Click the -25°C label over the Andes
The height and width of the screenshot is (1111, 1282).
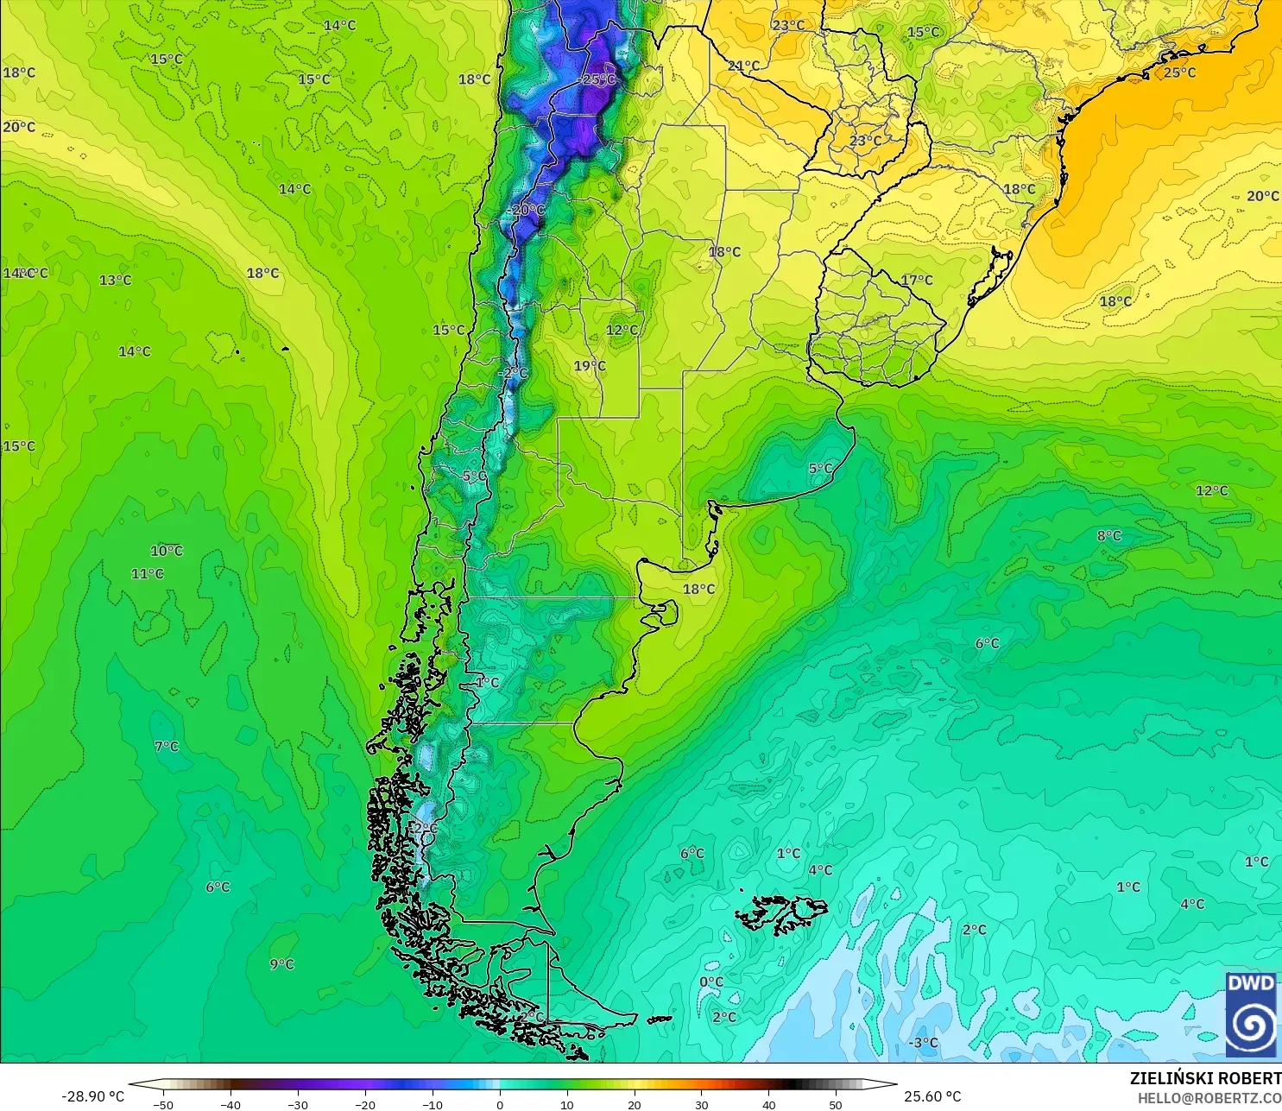pyautogui.click(x=597, y=79)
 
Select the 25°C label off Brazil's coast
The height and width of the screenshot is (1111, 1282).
pyautogui.click(x=1179, y=73)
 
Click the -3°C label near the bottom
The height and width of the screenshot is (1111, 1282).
pyautogui.click(x=923, y=1043)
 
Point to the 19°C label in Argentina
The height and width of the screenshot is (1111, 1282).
pyautogui.click(x=590, y=366)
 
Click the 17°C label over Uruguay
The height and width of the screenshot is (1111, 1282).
pyautogui.click(x=917, y=280)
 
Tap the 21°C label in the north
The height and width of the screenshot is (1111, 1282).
pyautogui.click(x=743, y=66)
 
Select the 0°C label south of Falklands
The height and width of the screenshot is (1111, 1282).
pyautogui.click(x=711, y=982)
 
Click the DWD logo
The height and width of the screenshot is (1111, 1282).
pyautogui.click(x=1250, y=1014)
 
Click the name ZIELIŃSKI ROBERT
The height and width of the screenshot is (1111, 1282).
pyautogui.click(x=1205, y=1078)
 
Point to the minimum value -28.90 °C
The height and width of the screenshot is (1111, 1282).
pyautogui.click(x=92, y=1096)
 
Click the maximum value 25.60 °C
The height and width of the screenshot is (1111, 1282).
pyautogui.click(x=932, y=1096)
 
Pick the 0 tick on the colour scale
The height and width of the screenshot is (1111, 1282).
pyautogui.click(x=500, y=1104)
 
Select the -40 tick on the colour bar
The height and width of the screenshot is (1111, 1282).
pyautogui.click(x=230, y=1104)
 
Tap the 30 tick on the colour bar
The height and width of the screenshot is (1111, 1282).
pyautogui.click(x=702, y=1104)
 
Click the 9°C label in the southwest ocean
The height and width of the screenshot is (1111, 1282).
pyautogui.click(x=281, y=964)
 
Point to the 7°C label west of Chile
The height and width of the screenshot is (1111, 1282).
pyautogui.click(x=167, y=746)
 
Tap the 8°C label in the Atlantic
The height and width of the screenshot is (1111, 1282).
pyautogui.click(x=1108, y=536)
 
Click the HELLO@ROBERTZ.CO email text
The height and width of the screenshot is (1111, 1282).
pyautogui.click(x=1209, y=1098)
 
